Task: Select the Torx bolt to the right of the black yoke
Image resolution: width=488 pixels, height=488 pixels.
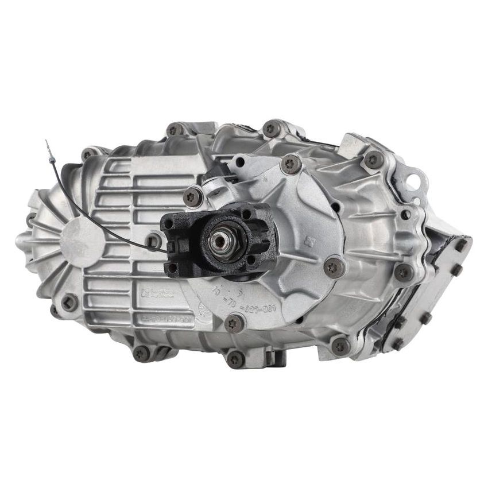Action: tap(333, 266)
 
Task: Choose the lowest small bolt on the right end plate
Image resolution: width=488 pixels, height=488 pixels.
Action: tap(397, 343)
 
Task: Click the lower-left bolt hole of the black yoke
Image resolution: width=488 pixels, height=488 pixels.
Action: tap(171, 268)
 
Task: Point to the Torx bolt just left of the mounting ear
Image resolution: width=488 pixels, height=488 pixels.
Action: tap(373, 159)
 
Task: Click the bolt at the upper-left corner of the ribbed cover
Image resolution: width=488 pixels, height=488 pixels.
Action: tap(87, 154)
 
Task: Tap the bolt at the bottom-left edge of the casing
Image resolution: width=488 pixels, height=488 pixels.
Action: tap(141, 353)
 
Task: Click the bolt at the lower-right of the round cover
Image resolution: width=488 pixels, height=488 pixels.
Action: tap(340, 345)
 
